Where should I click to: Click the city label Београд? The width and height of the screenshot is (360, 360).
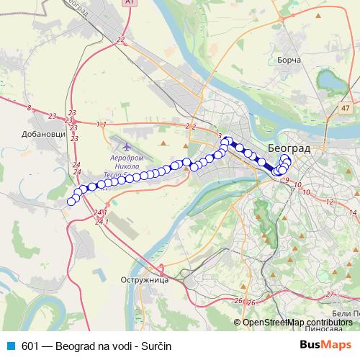pyautogui.click(x=288, y=148)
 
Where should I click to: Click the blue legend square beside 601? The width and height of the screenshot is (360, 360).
pyautogui.click(x=9, y=346)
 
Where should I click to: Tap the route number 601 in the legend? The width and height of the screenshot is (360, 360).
pyautogui.click(x=30, y=346)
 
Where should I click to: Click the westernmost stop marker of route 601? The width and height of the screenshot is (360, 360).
pyautogui.click(x=71, y=202)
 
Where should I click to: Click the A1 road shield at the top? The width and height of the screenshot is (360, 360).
pyautogui.click(x=130, y=3)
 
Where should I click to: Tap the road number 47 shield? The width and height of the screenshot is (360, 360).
pyautogui.click(x=346, y=108)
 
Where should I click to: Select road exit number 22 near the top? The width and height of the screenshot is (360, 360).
pyautogui.click(x=120, y=40)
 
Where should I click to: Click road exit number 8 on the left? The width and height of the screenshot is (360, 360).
pyautogui.click(x=29, y=108)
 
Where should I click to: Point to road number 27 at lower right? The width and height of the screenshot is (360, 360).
pyautogui.click(x=330, y=294)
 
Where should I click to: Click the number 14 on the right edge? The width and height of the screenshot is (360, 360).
pyautogui.click(x=354, y=213)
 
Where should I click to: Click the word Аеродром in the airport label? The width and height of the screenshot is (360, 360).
pyautogui.click(x=127, y=156)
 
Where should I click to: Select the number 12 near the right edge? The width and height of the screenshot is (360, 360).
pyautogui.click(x=330, y=202)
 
